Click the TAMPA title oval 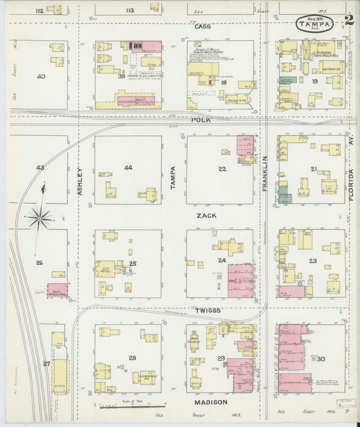(x=316, y=24)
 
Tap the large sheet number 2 (x=348, y=22)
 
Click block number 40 (x=41, y=76)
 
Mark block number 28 (x=132, y=357)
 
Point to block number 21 (x=313, y=168)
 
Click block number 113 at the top (x=130, y=10)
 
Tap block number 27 (x=47, y=363)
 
